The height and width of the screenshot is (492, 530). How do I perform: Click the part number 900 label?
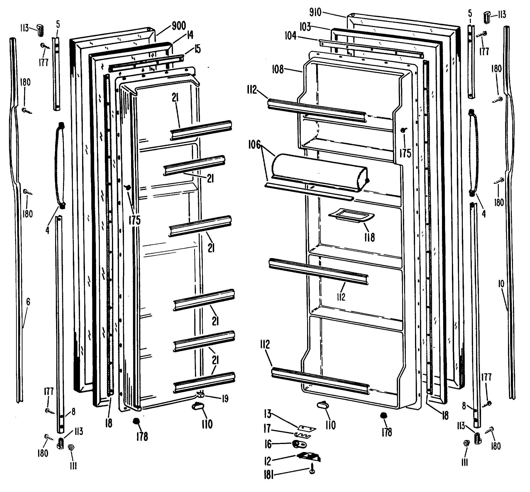click(x=179, y=26)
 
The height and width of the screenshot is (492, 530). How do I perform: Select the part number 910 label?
click(x=315, y=12)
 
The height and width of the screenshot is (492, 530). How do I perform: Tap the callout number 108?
click(x=278, y=70)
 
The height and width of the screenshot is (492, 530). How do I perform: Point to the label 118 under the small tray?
click(x=369, y=237)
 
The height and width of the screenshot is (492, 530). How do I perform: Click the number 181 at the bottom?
click(x=269, y=481)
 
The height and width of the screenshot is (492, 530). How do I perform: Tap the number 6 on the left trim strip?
click(x=28, y=302)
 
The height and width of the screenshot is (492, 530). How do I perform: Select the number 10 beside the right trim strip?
click(x=501, y=284)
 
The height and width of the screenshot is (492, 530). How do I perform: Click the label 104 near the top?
click(x=290, y=36)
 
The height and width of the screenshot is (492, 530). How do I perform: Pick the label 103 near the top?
click(x=305, y=27)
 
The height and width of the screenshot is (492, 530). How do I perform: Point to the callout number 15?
click(x=197, y=49)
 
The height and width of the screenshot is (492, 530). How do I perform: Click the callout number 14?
click(x=190, y=35)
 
